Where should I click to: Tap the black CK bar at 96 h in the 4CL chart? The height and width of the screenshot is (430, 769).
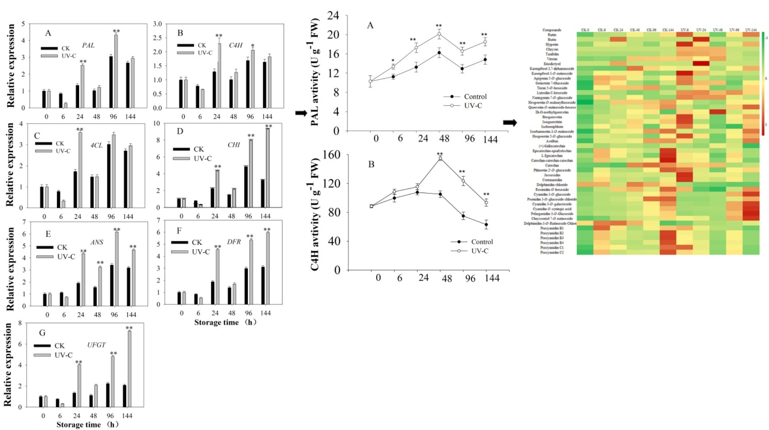(109, 176)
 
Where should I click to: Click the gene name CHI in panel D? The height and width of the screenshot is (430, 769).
(234, 145)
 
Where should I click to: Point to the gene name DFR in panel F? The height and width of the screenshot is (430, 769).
(234, 242)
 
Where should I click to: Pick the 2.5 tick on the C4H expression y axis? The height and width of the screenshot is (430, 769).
(157, 38)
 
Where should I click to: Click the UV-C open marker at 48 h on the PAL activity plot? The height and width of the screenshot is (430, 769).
(439, 34)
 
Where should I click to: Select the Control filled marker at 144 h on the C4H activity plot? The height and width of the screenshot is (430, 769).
(486, 224)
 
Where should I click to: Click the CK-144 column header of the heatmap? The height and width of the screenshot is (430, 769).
(668, 30)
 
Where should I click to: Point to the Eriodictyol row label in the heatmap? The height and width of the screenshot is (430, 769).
(552, 64)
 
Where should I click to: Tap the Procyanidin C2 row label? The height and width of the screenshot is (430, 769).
(552, 252)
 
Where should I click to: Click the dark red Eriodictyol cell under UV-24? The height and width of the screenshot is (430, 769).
(701, 64)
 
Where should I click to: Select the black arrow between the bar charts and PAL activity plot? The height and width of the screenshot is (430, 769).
(301, 113)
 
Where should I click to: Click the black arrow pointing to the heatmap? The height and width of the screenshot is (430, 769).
(510, 122)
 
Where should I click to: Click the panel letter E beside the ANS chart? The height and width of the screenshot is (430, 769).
(48, 234)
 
